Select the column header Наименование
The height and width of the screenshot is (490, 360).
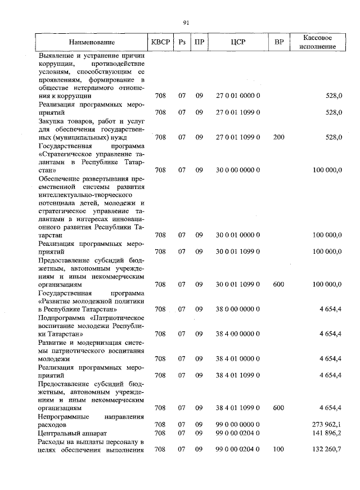point(92,42)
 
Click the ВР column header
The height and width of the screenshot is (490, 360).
point(278,42)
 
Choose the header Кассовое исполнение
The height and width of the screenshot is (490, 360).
point(319,42)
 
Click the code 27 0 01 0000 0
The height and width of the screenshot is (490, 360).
point(238,96)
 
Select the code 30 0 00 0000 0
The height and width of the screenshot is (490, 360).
point(238,169)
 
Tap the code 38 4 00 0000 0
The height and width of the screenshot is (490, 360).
point(238,334)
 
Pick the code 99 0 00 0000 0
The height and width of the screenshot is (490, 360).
point(238,424)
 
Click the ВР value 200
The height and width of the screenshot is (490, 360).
point(278,137)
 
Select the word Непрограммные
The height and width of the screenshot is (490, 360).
point(61,416)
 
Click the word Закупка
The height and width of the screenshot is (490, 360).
point(52,120)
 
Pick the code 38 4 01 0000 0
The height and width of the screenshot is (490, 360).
point(238,358)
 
